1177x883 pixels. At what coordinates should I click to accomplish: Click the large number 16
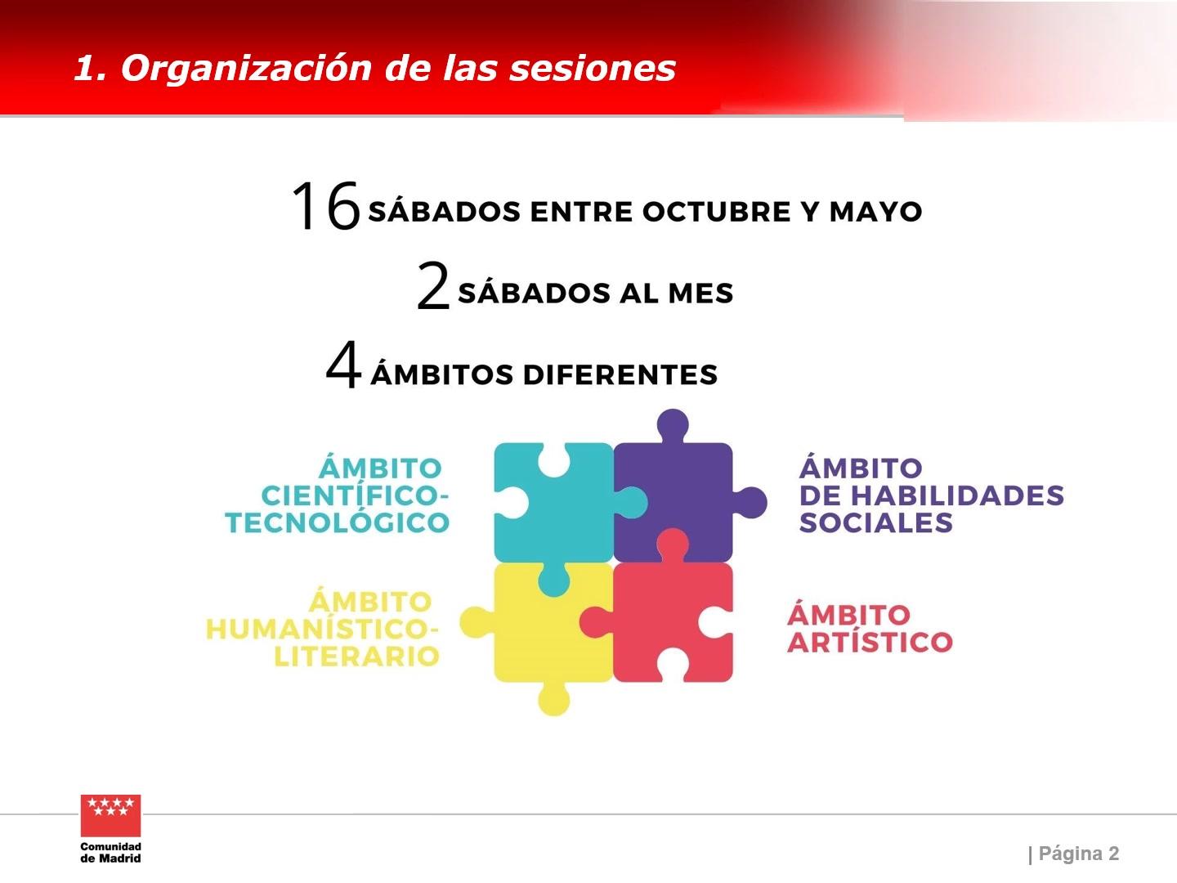pyautogui.click(x=326, y=205)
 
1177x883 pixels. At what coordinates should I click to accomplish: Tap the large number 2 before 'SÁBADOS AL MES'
pyautogui.click(x=432, y=286)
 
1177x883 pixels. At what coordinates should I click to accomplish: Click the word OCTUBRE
pyautogui.click(x=716, y=211)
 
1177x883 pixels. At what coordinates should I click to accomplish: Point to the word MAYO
pyautogui.click(x=875, y=211)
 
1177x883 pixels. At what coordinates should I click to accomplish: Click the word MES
pyautogui.click(x=700, y=294)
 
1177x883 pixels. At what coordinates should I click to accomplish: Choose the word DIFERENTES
pyautogui.click(x=620, y=374)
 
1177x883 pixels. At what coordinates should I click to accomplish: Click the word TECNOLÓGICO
pyautogui.click(x=338, y=522)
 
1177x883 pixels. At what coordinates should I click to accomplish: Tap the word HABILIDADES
pyautogui.click(x=957, y=495)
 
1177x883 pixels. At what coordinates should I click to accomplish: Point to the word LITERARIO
pyautogui.click(x=356, y=656)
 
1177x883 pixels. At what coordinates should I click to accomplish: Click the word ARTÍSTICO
pyautogui.click(x=870, y=642)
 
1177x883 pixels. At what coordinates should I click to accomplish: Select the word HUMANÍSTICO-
pyautogui.click(x=322, y=629)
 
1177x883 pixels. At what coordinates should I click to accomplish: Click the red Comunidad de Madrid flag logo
pyautogui.click(x=110, y=815)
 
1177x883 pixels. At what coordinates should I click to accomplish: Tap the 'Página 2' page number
pyautogui.click(x=1079, y=854)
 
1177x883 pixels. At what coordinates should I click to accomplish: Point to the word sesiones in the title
pyautogui.click(x=592, y=69)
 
